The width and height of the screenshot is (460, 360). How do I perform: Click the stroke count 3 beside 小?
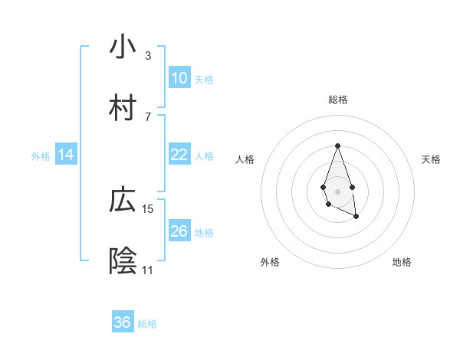pos(148,55)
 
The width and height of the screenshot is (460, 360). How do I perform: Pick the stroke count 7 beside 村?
pos(148,116)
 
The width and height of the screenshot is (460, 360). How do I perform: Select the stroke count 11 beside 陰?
pos(148,270)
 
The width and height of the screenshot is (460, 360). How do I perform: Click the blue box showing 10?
pos(179,78)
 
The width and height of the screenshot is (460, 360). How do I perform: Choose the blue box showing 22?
pos(179,155)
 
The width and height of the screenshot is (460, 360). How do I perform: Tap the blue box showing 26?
pos(179,231)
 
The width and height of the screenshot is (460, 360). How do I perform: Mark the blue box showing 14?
pos(66,155)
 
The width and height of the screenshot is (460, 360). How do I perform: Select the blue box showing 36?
pos(123,322)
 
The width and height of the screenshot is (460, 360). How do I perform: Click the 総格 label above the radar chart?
pos(337,100)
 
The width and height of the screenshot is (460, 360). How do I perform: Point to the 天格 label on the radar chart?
pos(431,159)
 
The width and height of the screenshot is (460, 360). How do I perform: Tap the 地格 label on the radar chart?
pos(402,262)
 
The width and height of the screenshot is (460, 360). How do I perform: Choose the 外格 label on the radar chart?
pos(270,262)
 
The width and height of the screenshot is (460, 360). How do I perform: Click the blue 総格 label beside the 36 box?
pos(147,324)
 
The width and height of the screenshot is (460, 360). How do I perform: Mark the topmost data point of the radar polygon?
pos(337,146)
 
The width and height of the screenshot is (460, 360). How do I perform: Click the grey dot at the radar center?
pos(337,190)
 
